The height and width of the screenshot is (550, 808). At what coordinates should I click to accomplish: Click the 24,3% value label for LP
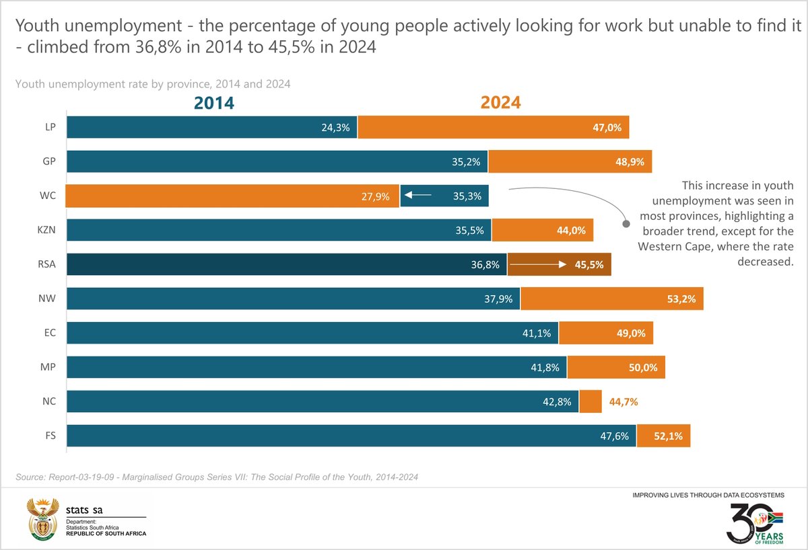coord(335,127)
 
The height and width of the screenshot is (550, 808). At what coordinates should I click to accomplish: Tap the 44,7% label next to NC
coord(623,402)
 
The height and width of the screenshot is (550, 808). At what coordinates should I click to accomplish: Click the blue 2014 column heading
coord(214,103)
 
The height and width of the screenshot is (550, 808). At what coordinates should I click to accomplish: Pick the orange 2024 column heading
coord(500,103)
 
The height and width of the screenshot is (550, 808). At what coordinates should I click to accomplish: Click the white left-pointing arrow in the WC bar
coord(418,196)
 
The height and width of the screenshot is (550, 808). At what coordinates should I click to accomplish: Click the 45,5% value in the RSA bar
coord(589,265)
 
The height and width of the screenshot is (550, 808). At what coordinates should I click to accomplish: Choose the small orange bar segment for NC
coord(591,402)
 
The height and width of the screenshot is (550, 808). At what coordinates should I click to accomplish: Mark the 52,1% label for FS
coord(668,436)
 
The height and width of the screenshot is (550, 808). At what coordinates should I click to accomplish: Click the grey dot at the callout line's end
coord(626,219)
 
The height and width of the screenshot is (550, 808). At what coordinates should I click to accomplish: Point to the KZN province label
coord(47,230)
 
